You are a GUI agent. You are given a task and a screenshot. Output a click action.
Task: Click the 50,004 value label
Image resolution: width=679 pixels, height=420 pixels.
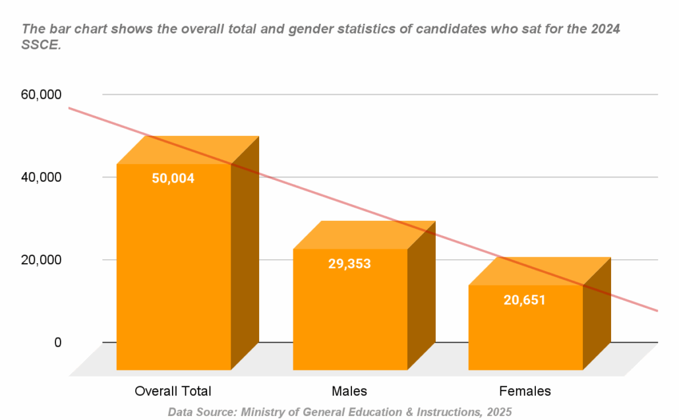(173, 178)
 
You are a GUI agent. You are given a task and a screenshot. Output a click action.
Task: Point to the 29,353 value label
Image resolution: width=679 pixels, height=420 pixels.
(349, 264)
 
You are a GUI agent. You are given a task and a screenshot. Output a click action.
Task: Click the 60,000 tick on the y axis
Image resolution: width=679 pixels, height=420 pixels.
(42, 95)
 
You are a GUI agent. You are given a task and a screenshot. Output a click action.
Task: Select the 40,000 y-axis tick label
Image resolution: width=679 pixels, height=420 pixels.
(42, 177)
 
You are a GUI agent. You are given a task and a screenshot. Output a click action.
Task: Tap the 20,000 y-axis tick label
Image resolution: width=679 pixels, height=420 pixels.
(42, 260)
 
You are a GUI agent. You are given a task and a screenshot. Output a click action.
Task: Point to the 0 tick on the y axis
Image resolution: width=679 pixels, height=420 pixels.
(58, 342)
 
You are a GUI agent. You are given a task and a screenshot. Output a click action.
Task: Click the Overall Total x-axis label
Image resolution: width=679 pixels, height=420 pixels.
(173, 391)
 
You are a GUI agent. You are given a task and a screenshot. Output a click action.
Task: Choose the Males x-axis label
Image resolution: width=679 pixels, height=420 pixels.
(349, 391)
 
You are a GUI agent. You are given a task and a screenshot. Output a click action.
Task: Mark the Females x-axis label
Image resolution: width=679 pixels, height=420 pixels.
(525, 391)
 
